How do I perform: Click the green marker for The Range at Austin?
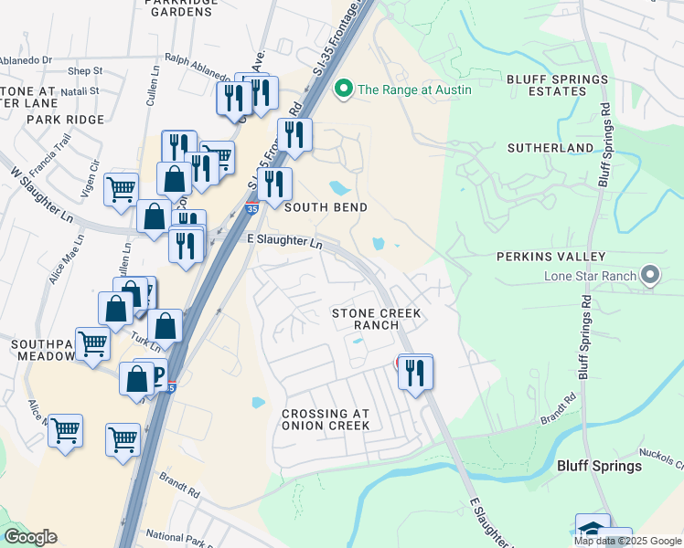(345, 89)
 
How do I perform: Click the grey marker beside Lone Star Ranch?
(650, 275)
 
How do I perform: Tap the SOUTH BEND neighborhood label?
(326, 207)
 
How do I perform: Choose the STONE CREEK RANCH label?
(377, 319)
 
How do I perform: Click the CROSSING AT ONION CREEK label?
(326, 419)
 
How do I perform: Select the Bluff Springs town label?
(599, 466)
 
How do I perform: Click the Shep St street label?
(84, 70)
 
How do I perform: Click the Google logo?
(30, 537)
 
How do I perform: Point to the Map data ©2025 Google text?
(627, 541)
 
